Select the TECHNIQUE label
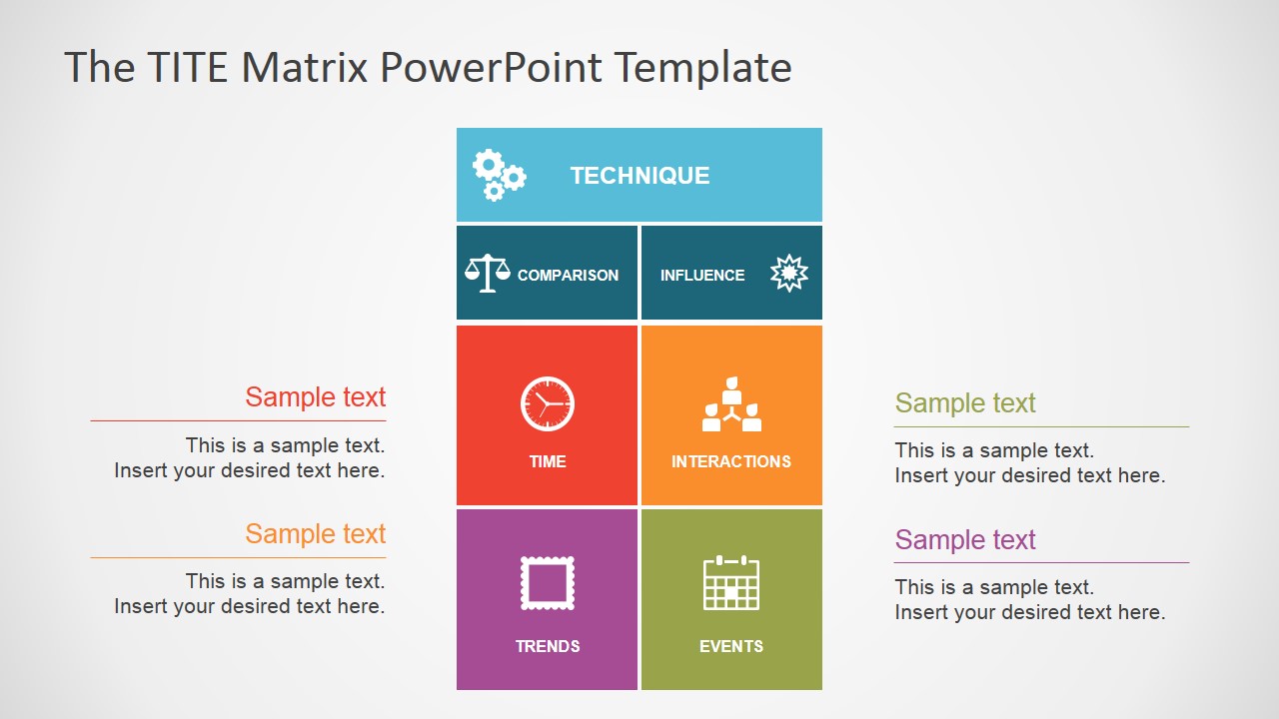(x=639, y=176)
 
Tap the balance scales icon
(x=488, y=273)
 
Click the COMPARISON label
(x=568, y=276)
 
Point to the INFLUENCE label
(x=702, y=276)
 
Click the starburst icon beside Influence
(x=789, y=273)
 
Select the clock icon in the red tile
(x=548, y=404)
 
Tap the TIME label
(x=548, y=461)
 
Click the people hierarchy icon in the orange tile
(x=731, y=405)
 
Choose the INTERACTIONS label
(x=731, y=461)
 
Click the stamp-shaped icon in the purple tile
(x=548, y=583)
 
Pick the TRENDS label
(x=548, y=646)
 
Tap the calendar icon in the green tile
(x=731, y=583)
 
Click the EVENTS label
(x=731, y=646)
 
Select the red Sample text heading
(x=316, y=397)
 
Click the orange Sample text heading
(x=316, y=534)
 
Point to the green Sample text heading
(x=965, y=403)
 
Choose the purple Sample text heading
(x=965, y=540)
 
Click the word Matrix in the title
(x=306, y=68)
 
